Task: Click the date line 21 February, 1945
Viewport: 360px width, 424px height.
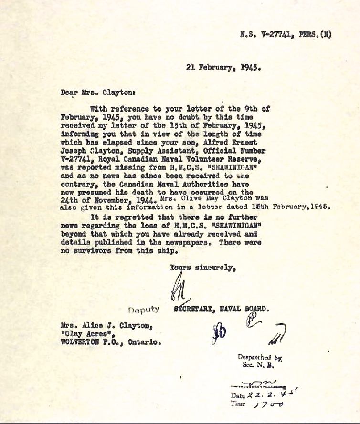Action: (222, 67)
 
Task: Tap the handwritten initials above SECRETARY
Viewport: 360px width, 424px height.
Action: (173, 290)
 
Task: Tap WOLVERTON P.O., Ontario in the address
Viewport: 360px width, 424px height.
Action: (110, 342)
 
